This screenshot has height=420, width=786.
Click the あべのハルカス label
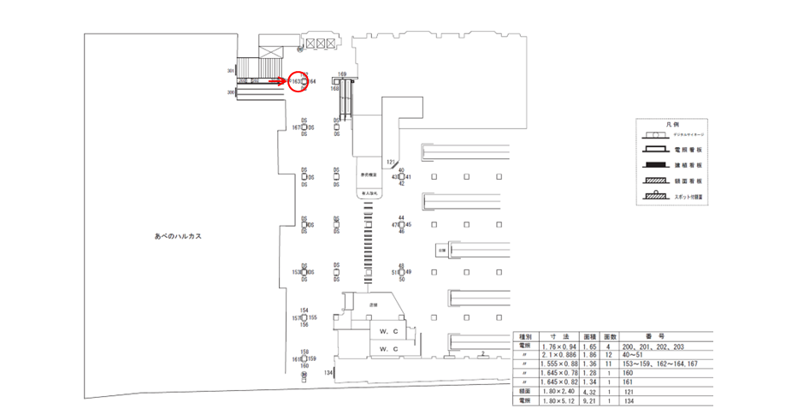[177, 235]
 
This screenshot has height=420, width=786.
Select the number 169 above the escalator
[341, 74]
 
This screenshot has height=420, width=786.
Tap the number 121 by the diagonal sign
[390, 162]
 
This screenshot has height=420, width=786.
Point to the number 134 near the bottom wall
[328, 373]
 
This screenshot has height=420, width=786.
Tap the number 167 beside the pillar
[295, 127]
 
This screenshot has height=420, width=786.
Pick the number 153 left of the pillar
[296, 272]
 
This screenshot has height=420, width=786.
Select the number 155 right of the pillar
[313, 317]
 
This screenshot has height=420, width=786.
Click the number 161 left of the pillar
[295, 359]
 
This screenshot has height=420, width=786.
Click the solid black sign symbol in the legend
[656, 165]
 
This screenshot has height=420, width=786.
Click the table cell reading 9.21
[588, 400]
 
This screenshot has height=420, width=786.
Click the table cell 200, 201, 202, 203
[657, 345]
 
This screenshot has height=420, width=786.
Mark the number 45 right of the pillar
[408, 225]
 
